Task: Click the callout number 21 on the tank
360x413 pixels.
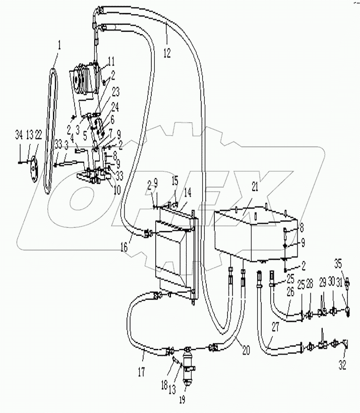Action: [255, 187]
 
